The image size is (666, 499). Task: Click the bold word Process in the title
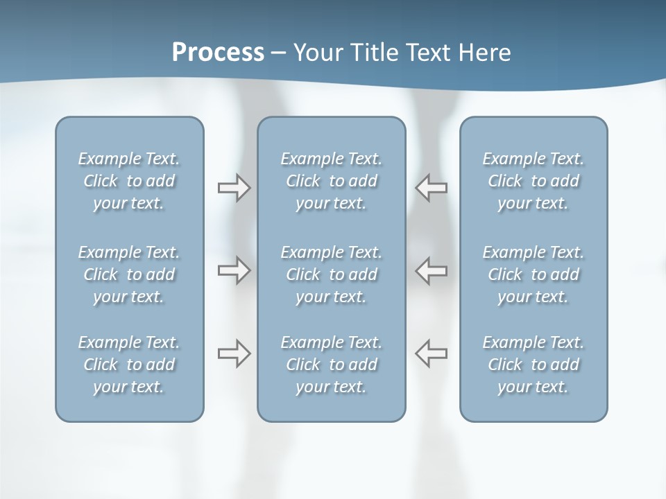point(218,53)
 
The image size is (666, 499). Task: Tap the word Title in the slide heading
point(373,53)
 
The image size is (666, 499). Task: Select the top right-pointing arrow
point(234,188)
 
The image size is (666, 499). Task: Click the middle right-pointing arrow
point(234,270)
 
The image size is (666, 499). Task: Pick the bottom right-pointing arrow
point(234,353)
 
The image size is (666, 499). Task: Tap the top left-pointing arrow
point(431,188)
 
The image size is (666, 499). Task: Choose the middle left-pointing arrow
point(431,270)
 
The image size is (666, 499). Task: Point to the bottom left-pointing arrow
point(431,353)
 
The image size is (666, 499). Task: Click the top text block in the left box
point(129,181)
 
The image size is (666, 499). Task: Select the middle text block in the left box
point(129,274)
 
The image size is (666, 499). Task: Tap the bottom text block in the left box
point(129,365)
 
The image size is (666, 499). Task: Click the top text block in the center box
point(332,181)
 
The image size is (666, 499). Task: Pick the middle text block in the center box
point(332,274)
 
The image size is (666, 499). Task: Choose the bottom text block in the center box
point(332,365)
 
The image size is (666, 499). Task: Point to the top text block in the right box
point(533,181)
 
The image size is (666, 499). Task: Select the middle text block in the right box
point(533,274)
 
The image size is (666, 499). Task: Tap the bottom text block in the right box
point(533,365)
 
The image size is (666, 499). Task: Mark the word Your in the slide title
point(317,53)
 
